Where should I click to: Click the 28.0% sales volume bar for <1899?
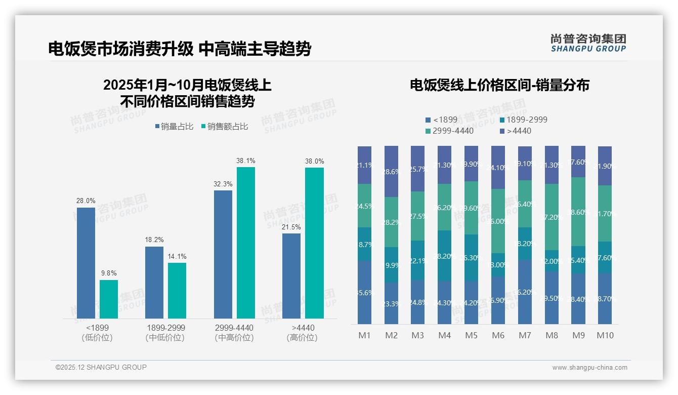[x=86, y=263]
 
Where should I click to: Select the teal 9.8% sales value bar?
[x=109, y=299]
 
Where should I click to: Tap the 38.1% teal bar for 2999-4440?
[x=246, y=243]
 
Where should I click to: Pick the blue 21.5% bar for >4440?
[x=291, y=276]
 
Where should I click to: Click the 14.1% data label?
[x=177, y=256]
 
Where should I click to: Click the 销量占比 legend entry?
[x=174, y=127]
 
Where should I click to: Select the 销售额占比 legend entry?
[x=225, y=127]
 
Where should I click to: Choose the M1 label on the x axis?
[x=365, y=335]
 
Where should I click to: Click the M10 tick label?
[x=605, y=335]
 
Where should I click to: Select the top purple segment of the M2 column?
[x=391, y=171]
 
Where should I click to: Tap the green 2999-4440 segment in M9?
[x=578, y=212]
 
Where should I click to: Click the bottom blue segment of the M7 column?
[x=525, y=292]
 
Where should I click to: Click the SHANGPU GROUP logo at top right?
[x=588, y=43]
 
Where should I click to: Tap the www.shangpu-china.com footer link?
[x=589, y=368]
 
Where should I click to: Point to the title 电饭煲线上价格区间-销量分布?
[x=499, y=85]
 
